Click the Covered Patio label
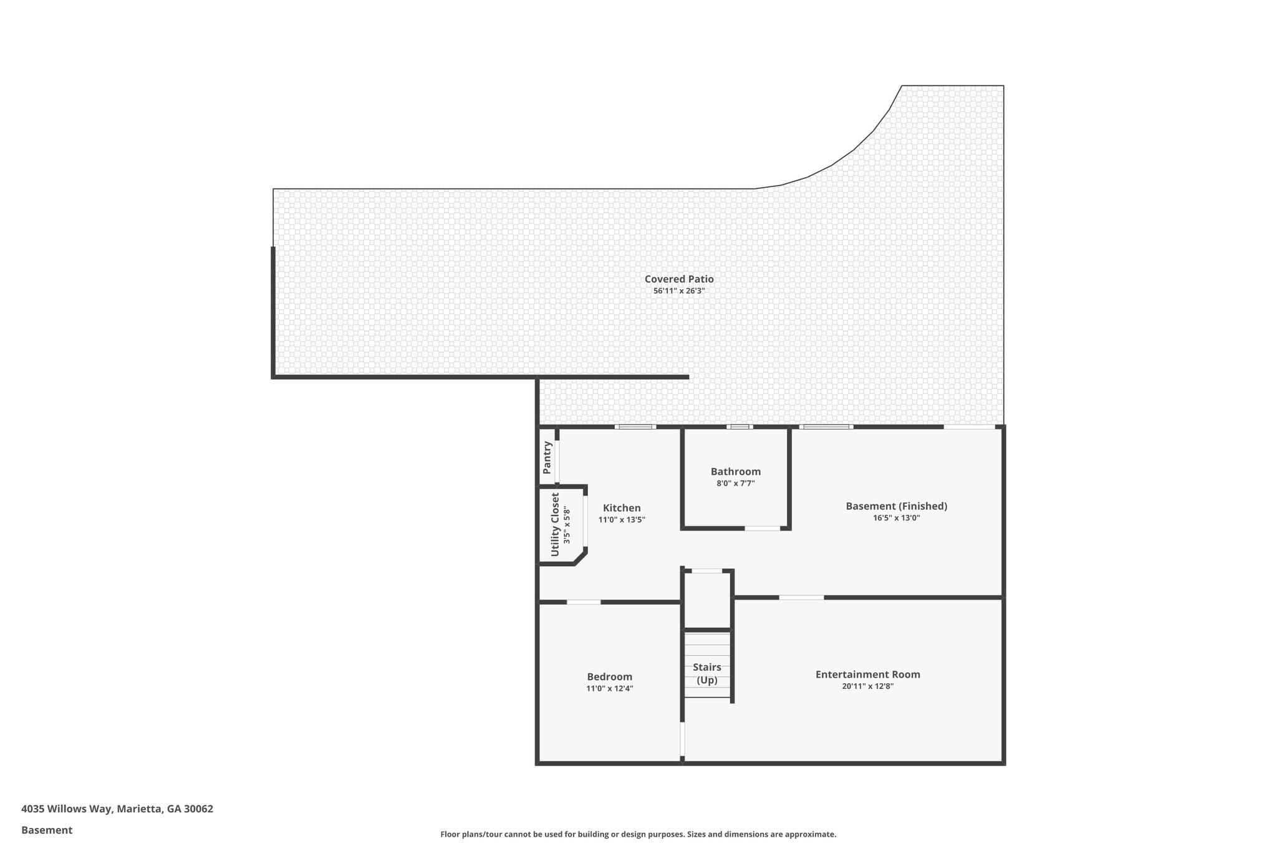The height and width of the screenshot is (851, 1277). point(679,279)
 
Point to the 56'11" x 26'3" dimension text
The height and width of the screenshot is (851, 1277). point(679,291)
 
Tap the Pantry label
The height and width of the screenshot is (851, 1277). point(547,457)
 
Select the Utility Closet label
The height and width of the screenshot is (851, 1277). point(555,525)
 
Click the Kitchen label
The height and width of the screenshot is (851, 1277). point(622,508)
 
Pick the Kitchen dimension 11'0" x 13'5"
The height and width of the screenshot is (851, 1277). point(622,520)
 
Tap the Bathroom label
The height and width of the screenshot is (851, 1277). point(736,471)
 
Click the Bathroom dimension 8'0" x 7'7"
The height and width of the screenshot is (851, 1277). point(736,483)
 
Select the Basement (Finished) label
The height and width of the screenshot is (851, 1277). point(896,506)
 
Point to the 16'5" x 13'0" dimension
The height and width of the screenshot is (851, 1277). point(896,518)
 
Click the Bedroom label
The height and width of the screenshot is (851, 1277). point(609,677)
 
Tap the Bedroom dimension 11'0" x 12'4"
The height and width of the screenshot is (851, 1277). point(609,689)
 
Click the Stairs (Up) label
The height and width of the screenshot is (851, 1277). point(707,674)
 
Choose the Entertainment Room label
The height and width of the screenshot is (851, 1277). point(867,675)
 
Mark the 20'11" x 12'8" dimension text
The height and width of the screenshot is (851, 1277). point(867,686)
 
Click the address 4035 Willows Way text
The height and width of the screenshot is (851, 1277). point(117,809)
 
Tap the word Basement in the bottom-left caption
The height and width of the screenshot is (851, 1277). point(47,830)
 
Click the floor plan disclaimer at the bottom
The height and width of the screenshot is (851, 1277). point(638,834)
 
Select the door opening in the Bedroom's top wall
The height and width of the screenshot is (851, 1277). point(584,602)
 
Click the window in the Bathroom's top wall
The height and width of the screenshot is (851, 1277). point(740,427)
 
